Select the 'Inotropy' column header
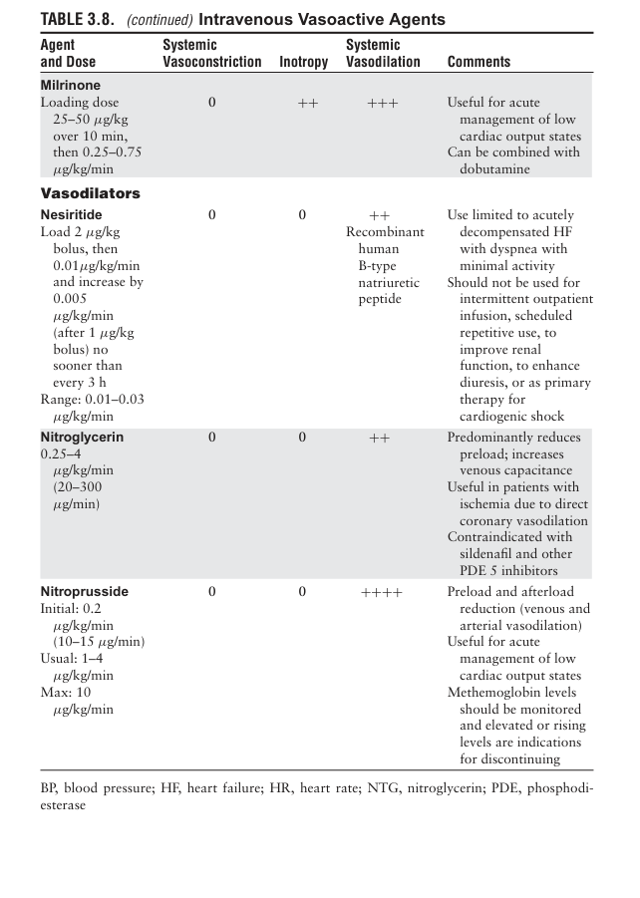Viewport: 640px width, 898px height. pos(304,62)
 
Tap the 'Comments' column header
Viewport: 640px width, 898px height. pos(479,62)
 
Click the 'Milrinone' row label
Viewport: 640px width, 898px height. pos(70,86)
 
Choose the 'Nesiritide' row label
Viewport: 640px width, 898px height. pos(71,214)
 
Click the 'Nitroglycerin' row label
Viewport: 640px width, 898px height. pos(82,437)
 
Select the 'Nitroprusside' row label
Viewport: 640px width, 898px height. pos(84,591)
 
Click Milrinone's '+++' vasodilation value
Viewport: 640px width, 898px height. pos(382,103)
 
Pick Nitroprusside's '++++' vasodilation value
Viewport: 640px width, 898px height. pos(382,592)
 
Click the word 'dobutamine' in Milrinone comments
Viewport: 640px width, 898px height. pos(495,169)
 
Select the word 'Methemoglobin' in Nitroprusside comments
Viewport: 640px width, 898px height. pos(494,692)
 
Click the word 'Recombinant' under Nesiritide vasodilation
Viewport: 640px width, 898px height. pos(385,231)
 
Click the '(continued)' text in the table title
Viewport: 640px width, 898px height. pos(160,19)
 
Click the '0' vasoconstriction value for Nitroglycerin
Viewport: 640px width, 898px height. pos(212,437)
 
